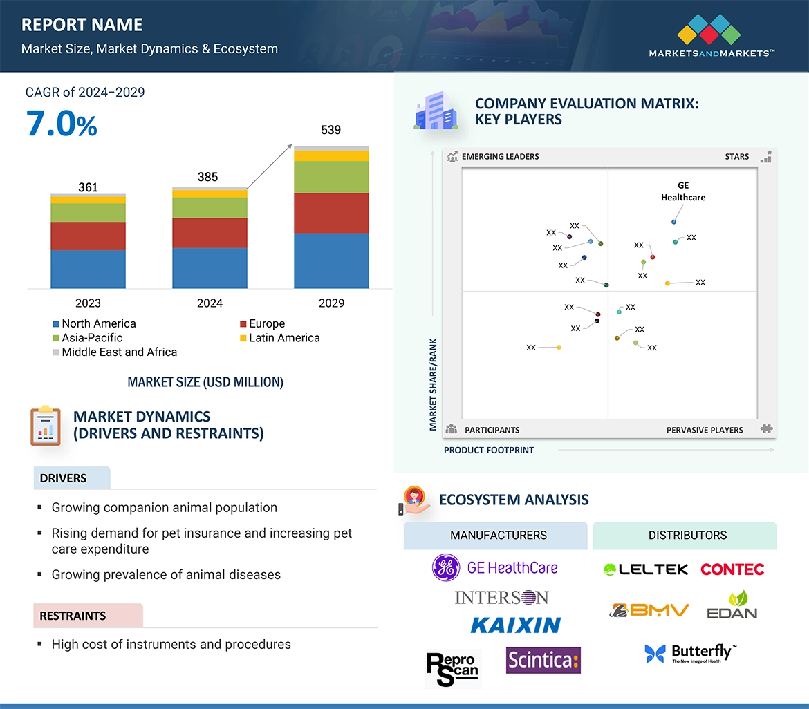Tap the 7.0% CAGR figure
coord(62,124)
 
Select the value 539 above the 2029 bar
coord(331,130)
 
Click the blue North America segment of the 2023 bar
coord(88,269)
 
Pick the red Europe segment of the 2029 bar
coord(331,213)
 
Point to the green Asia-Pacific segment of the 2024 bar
coord(210,207)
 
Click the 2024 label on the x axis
coord(210,303)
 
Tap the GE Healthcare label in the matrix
coord(683,191)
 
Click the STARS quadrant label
coord(737,157)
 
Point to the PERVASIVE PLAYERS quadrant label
coord(705,430)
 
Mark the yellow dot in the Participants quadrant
coord(559,347)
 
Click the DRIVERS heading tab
coord(64,478)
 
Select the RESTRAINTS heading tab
coord(73,616)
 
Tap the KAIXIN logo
coord(515,625)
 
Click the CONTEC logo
coord(732,569)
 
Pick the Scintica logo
coord(543,660)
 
